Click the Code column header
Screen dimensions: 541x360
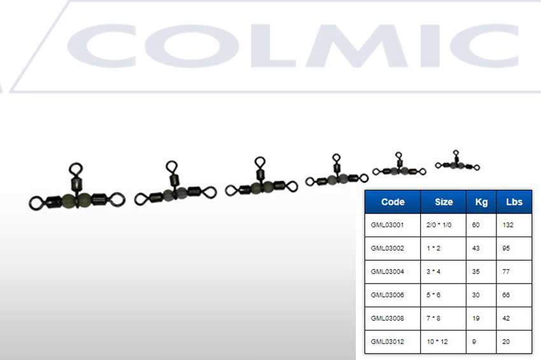[393, 202]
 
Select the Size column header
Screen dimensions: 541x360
[444, 202]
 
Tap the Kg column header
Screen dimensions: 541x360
[481, 202]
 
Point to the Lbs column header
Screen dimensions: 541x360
[514, 202]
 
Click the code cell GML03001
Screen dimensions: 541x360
[387, 225]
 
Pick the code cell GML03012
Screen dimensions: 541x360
[387, 342]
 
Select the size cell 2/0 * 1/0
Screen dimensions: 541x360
[439, 225]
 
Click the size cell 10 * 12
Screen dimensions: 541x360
[437, 342]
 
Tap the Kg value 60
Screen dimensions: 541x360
[476, 225]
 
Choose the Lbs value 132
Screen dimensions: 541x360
[508, 225]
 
